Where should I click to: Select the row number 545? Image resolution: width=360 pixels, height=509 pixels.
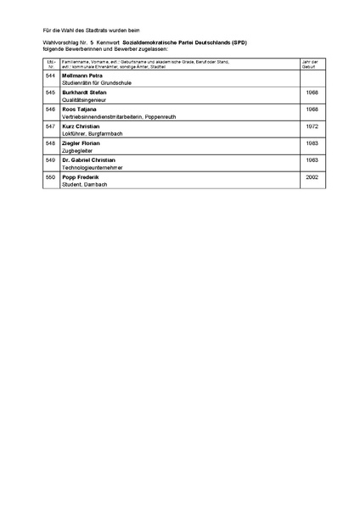[x=50, y=92]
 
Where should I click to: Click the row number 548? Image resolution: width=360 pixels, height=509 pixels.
[x=50, y=143]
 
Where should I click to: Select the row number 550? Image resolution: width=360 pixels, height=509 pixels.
[x=50, y=177]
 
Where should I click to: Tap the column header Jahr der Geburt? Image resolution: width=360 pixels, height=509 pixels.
[x=310, y=64]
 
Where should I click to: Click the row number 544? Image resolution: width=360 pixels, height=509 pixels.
[x=50, y=76]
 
